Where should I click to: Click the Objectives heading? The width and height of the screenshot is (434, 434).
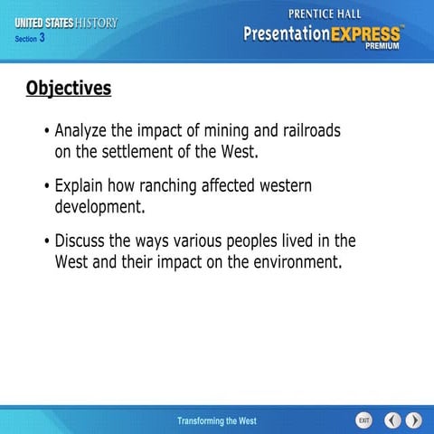click(x=69, y=88)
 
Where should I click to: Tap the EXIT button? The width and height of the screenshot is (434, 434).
click(x=363, y=420)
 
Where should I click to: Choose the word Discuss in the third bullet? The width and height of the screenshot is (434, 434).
click(x=82, y=241)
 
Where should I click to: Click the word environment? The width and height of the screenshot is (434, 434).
click(x=292, y=262)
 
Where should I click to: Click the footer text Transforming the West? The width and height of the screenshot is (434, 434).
click(x=217, y=421)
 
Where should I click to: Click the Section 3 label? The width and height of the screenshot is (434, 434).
click(x=30, y=39)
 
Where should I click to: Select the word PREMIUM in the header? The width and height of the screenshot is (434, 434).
click(x=383, y=47)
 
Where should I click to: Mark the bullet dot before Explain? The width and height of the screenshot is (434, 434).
click(x=45, y=187)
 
